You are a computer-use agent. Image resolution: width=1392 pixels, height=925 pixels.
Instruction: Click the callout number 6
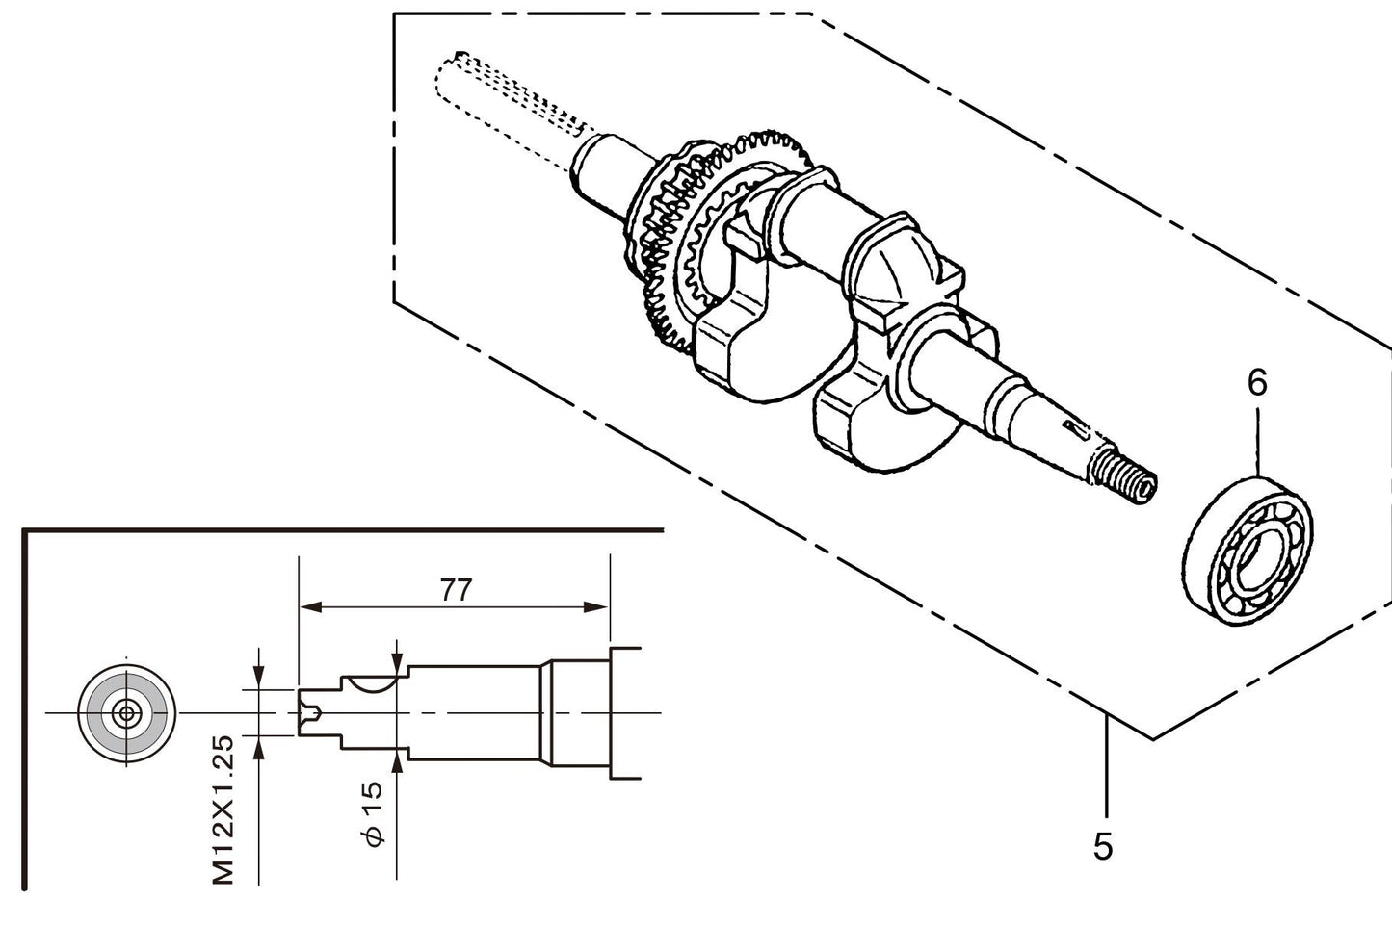1257,383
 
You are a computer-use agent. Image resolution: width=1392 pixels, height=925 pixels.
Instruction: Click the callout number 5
1103,846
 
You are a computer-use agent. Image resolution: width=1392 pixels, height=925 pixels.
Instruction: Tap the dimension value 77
456,589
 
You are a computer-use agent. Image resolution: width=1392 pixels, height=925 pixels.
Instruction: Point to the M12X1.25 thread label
223,809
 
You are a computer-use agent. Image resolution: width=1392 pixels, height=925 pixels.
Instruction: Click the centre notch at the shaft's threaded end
309,713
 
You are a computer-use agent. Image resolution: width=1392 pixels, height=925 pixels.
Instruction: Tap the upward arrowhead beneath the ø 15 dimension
397,761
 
